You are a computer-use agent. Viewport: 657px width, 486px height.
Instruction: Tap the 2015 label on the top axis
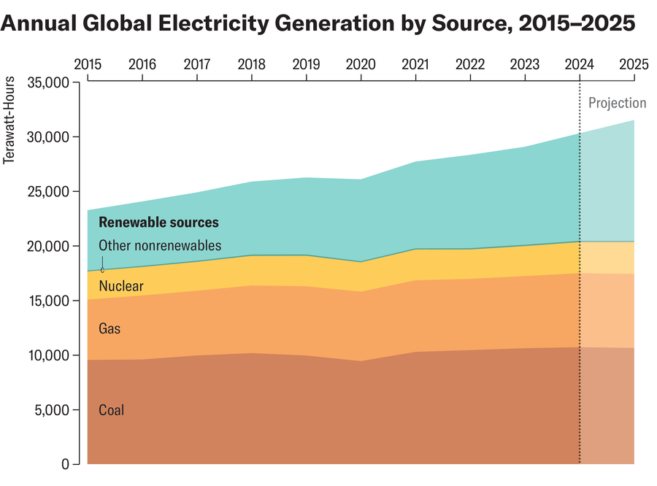pyautogui.click(x=88, y=63)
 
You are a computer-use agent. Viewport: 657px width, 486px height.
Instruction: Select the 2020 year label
pyautogui.click(x=361, y=63)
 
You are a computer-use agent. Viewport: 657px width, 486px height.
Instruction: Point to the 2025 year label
pyautogui.click(x=634, y=63)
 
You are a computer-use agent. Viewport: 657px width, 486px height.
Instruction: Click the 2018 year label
pyautogui.click(x=251, y=63)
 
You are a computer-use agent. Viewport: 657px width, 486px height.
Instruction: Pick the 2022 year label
pyautogui.click(x=470, y=63)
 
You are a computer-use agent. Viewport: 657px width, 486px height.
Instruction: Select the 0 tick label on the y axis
pyautogui.click(x=64, y=464)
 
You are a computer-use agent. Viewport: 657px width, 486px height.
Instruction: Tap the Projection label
pyautogui.click(x=617, y=104)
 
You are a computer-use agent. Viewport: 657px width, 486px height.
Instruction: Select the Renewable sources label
pyautogui.click(x=158, y=223)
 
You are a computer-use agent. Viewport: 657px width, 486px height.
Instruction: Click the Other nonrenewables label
pyautogui.click(x=159, y=246)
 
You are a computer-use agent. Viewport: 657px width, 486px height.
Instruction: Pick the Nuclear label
pyautogui.click(x=120, y=286)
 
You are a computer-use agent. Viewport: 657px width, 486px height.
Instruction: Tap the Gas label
pyautogui.click(x=109, y=329)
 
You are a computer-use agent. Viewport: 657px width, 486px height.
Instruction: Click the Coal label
pyautogui.click(x=111, y=410)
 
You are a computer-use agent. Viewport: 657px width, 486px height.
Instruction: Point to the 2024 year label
pyautogui.click(x=580, y=63)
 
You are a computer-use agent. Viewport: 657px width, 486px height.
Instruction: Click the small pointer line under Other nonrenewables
pyautogui.click(x=103, y=263)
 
